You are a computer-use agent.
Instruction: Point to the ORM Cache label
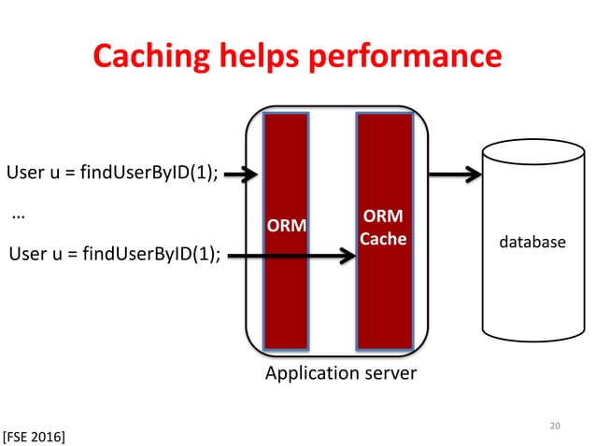[x=384, y=228]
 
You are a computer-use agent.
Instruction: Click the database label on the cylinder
[x=531, y=242]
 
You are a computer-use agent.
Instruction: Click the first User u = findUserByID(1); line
[x=113, y=174]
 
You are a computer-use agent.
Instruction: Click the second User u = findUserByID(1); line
[x=113, y=252]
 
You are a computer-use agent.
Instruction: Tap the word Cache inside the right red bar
[x=384, y=238]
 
